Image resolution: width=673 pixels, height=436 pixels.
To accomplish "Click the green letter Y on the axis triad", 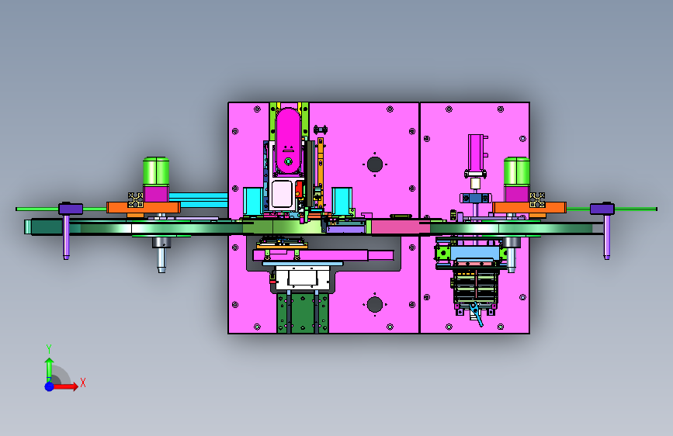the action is click(x=49, y=348).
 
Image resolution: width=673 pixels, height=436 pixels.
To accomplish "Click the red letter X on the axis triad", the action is click(x=83, y=382).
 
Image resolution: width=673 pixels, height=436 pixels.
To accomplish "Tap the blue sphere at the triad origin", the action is click(x=50, y=386).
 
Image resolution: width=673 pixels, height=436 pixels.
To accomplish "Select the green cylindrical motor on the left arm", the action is click(x=156, y=171).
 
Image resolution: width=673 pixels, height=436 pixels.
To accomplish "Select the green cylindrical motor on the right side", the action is click(x=516, y=171).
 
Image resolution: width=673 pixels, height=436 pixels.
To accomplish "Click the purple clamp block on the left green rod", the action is click(x=71, y=209).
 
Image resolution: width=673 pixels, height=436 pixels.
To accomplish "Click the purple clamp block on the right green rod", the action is click(x=602, y=209).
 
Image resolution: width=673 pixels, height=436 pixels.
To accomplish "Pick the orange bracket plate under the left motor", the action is click(x=144, y=208).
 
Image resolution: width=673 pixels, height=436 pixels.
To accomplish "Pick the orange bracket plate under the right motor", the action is click(x=529, y=208).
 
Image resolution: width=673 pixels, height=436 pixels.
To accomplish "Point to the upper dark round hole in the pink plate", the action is click(x=375, y=164).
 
